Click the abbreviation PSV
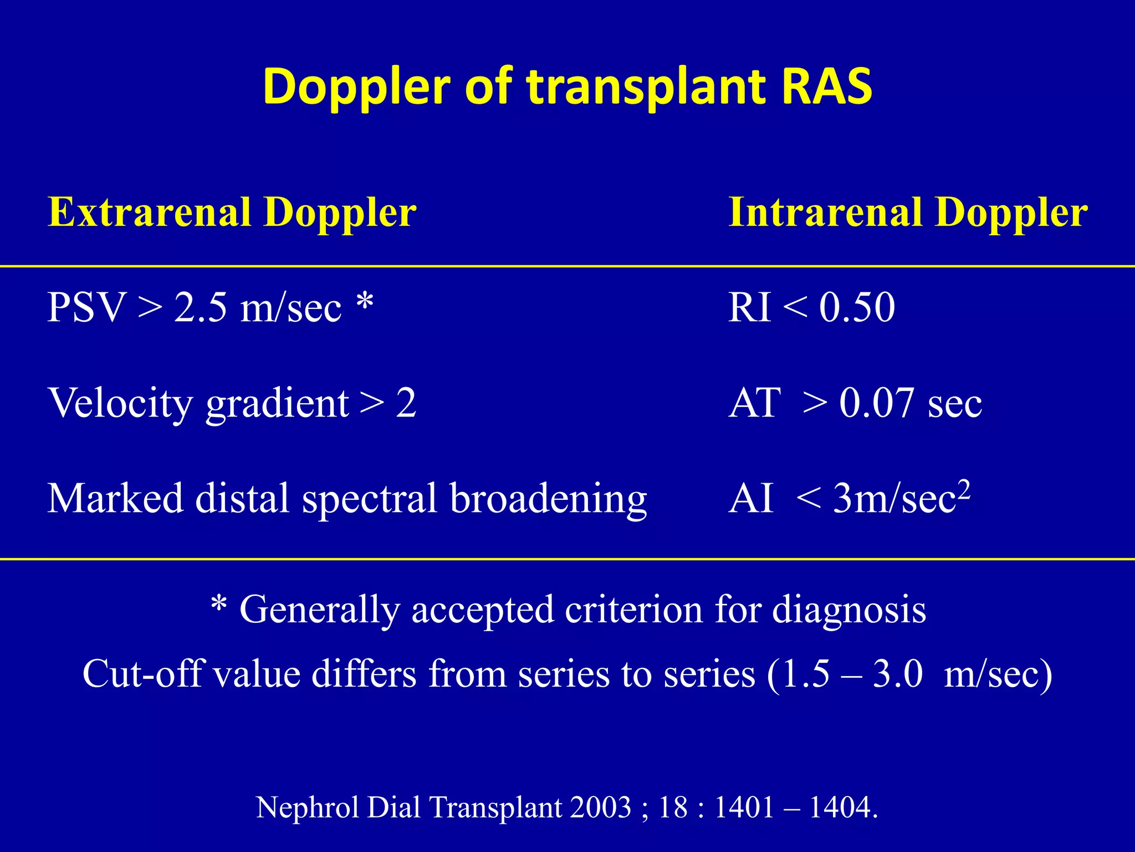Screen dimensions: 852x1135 click(x=86, y=308)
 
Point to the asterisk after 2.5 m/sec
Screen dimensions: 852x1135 click(x=365, y=303)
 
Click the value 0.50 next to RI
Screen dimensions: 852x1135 click(x=857, y=308)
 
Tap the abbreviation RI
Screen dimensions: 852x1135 click(x=749, y=308)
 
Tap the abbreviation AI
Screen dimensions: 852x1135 click(x=750, y=499)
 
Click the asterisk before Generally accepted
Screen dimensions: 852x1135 click(x=219, y=604)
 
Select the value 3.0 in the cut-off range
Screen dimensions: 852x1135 click(x=898, y=674)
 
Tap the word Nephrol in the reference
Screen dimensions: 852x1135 click(x=307, y=807)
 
